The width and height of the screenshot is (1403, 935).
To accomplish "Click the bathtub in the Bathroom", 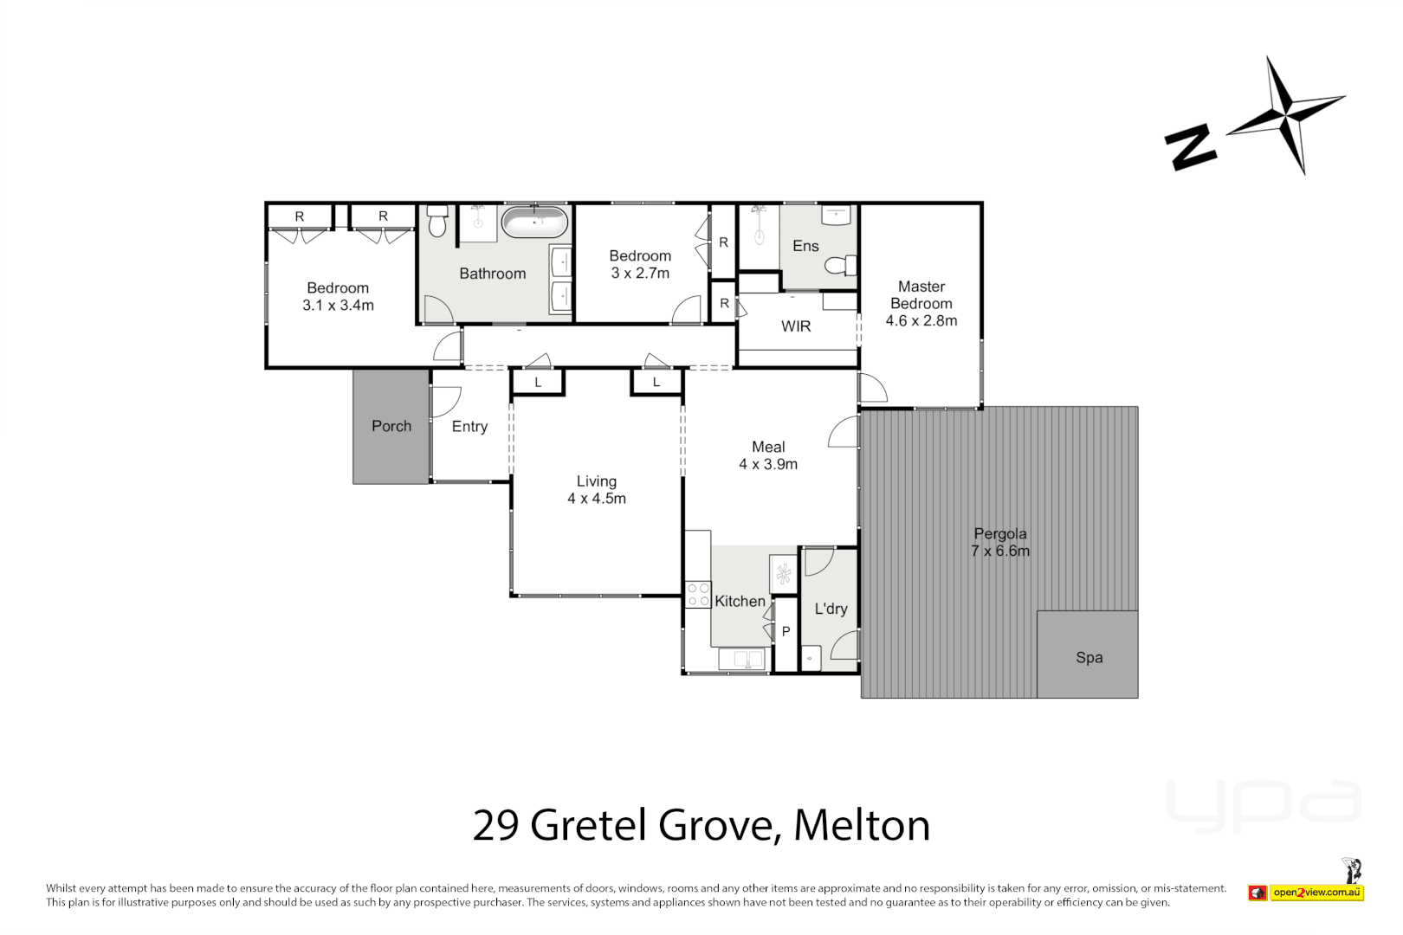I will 535,222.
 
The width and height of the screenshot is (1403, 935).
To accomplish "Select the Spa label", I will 1089,658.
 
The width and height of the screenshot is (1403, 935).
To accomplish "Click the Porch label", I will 391,426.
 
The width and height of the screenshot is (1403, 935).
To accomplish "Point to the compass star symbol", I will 1285,115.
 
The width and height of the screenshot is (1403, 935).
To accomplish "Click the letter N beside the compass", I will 1191,147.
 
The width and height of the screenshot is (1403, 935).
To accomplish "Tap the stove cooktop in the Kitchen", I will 698,595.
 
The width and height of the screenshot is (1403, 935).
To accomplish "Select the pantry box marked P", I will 786,632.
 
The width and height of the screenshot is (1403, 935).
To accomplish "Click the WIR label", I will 796,326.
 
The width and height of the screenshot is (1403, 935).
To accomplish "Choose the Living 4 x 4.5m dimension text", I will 597,499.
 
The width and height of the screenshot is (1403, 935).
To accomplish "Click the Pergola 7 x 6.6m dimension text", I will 1000,551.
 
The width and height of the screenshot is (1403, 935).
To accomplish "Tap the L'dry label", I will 831,609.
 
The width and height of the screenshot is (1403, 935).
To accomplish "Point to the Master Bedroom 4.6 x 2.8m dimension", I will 921,321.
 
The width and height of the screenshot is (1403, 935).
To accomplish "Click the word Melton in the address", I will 862,825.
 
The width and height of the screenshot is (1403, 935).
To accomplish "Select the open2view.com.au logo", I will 1316,893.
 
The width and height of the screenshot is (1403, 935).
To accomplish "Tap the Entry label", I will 469,427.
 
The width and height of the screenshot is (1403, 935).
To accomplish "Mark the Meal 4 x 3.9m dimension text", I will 768,465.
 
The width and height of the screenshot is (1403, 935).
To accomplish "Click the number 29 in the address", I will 495,825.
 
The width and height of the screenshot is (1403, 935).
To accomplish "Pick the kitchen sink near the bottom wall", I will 742,660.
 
